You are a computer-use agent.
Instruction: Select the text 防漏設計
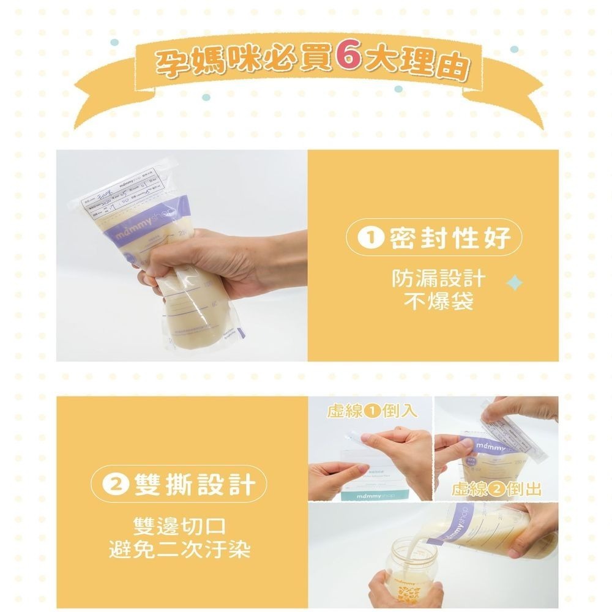pyautogui.click(x=438, y=279)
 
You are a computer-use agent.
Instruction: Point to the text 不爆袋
pyautogui.click(x=438, y=302)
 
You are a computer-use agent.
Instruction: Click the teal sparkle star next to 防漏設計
pyautogui.click(x=515, y=283)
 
